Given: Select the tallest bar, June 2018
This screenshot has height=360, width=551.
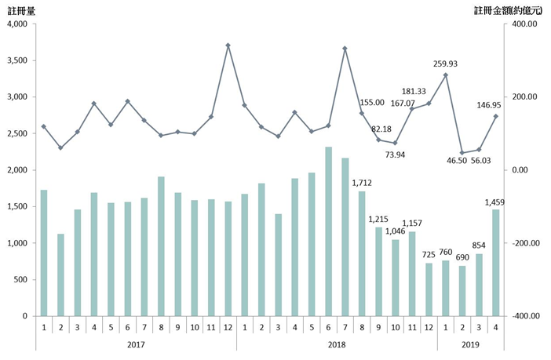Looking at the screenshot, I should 328,231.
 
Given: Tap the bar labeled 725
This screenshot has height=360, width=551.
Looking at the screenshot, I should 429,289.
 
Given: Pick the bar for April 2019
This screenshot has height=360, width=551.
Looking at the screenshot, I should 496,262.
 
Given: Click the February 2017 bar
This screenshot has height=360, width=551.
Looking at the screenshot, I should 60,275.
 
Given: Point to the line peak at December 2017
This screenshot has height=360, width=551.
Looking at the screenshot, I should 228,45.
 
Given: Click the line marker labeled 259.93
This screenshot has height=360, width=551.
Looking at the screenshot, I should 446,75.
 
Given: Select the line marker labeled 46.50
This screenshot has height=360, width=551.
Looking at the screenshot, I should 462,153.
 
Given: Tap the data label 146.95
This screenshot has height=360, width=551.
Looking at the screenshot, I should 491,103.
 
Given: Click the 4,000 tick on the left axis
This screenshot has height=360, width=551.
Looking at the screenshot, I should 16,24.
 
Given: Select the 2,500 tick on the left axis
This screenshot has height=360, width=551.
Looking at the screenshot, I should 16,134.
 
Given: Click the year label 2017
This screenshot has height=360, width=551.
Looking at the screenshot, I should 137,344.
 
